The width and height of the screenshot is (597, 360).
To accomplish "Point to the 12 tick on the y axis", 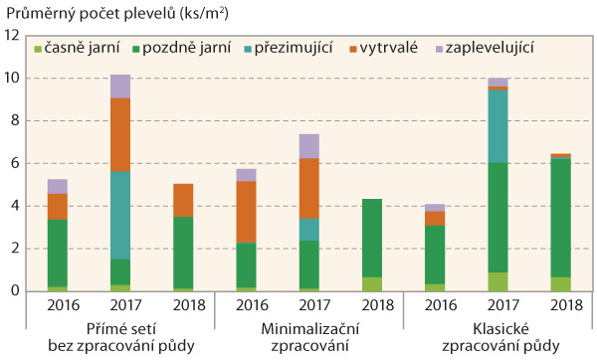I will (13, 35).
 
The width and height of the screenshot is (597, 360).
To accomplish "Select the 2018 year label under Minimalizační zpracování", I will (371, 307).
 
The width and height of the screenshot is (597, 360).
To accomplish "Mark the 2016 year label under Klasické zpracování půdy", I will (434, 307).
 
